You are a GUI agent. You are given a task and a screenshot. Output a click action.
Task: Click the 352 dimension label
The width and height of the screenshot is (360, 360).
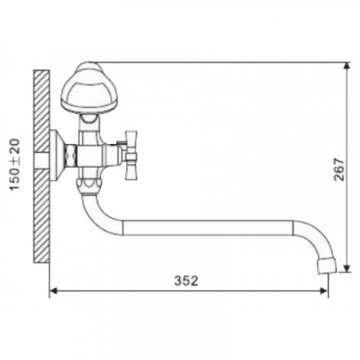point(186,281)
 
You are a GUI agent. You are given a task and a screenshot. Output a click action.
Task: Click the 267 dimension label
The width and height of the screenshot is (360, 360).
point(339,169)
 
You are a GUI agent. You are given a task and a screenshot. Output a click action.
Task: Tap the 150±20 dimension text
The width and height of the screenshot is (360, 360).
point(15,165)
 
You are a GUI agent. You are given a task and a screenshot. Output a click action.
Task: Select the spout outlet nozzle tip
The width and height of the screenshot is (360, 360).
point(327,266)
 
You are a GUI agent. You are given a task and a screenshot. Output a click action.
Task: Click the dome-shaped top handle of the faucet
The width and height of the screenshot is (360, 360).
point(89,88)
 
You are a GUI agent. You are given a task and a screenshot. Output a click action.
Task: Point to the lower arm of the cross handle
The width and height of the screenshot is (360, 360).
point(132,170)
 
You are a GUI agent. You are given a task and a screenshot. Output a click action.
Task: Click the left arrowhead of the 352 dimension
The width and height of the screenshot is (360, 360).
point(53,291)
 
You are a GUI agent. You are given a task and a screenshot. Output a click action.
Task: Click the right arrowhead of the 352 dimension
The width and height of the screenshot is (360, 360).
point(324,291)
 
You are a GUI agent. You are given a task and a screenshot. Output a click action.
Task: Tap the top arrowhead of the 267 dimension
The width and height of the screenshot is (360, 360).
point(346,67)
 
